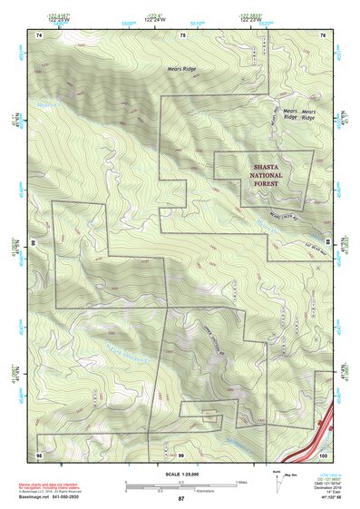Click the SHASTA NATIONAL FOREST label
click(x=265, y=174)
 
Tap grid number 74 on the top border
click(x=39, y=34)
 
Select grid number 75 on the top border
click(x=181, y=34)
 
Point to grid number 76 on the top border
click(x=323, y=34)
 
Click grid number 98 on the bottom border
click(x=39, y=454)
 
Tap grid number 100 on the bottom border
click(x=322, y=454)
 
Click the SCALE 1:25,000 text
click(x=180, y=475)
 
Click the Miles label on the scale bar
click(x=239, y=481)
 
